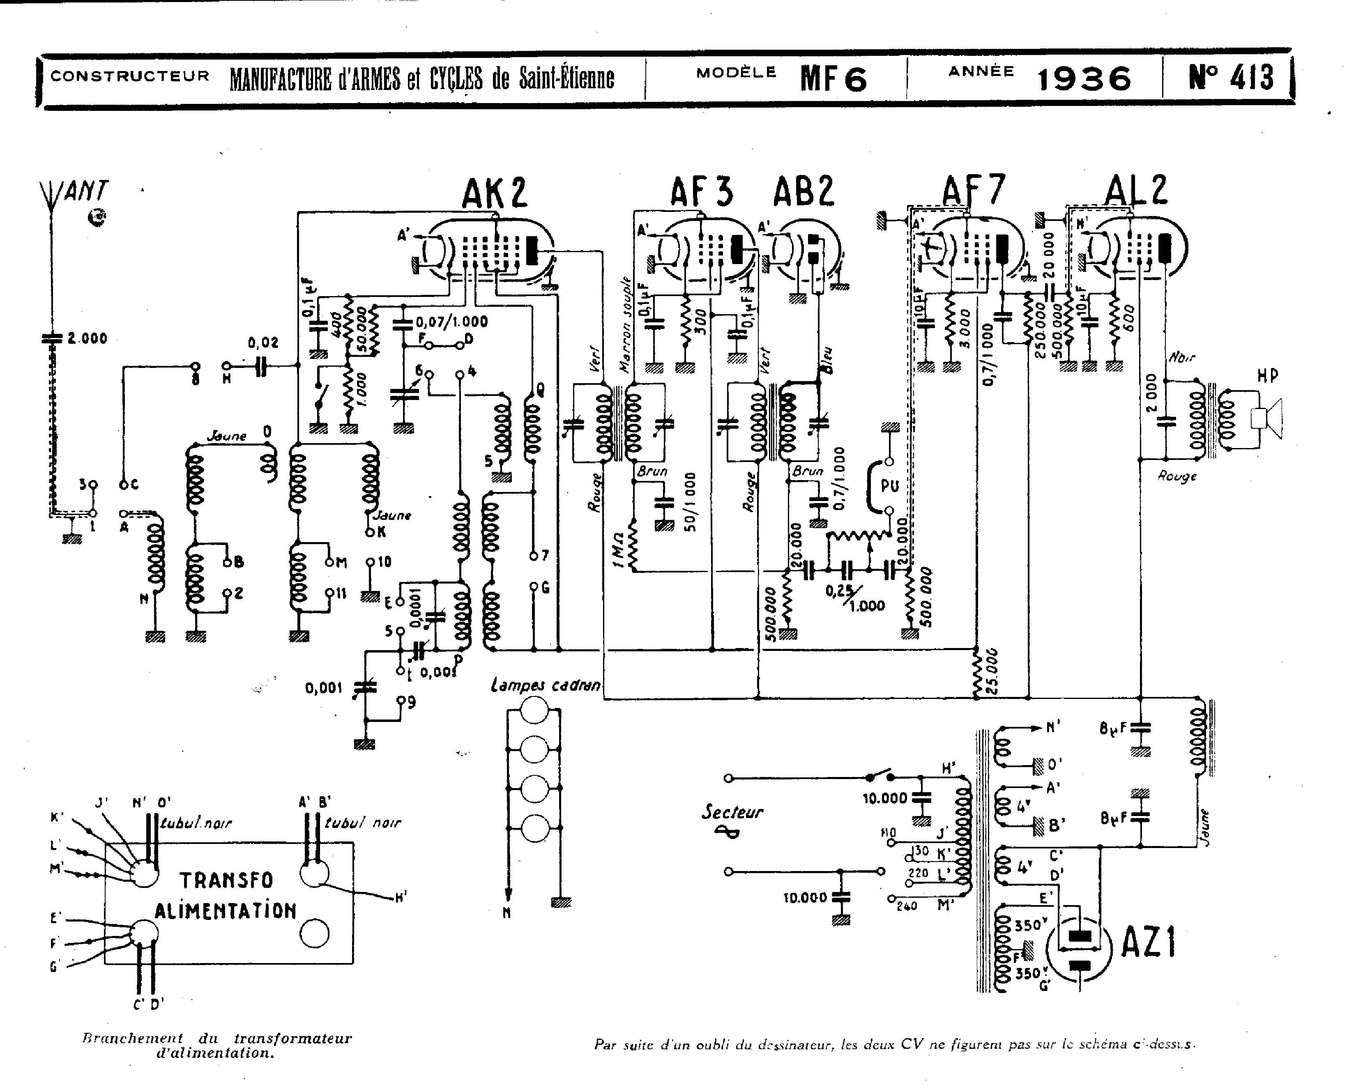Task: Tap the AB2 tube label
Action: click(804, 191)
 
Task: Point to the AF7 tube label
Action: click(973, 190)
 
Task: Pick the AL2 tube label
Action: click(1136, 190)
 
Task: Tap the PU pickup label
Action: click(889, 486)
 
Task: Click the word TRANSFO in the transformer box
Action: click(226, 880)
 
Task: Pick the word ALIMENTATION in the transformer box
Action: click(226, 910)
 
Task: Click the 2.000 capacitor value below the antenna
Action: click(87, 339)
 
